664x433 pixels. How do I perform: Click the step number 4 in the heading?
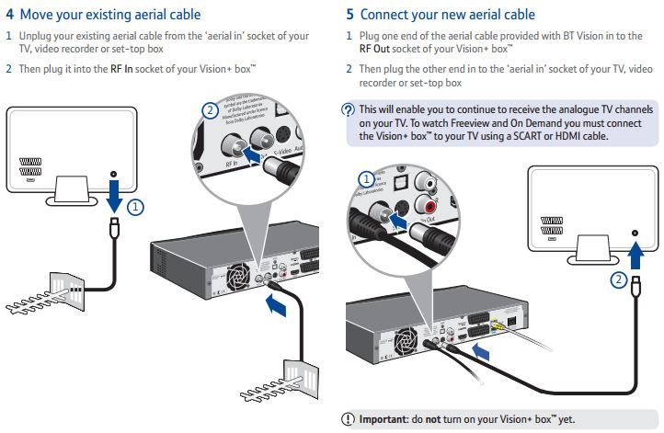coord(10,15)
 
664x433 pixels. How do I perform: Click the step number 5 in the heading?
coord(350,15)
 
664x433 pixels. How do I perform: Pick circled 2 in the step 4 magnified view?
coord(211,111)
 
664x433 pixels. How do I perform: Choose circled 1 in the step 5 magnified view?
coord(366,179)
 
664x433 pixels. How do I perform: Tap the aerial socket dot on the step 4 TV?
coord(113,173)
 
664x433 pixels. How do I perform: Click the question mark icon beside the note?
coord(348,109)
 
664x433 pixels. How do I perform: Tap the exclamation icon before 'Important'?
coord(349,419)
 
